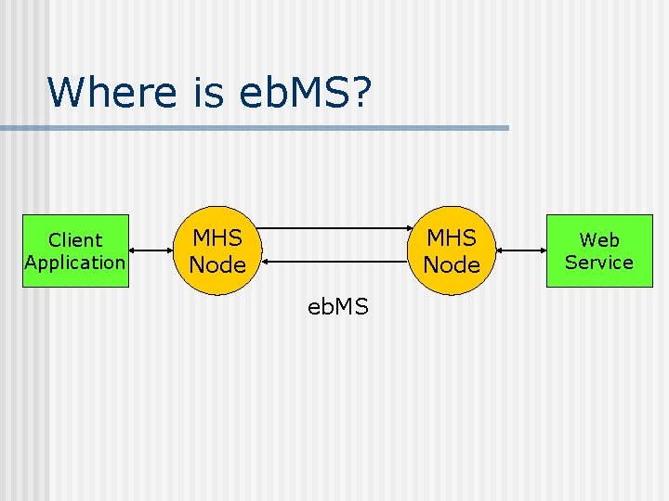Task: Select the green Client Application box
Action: coord(75,251)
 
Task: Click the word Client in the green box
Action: coord(75,240)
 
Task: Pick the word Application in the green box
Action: coord(75,263)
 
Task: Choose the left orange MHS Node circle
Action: coord(217,251)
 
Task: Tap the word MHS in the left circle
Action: coord(217,238)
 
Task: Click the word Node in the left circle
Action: coord(217,265)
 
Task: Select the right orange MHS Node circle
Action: coord(452,251)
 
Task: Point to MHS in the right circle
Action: coord(452,238)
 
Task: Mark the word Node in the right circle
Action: coord(452,265)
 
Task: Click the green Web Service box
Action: coord(599,251)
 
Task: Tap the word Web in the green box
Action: coord(599,240)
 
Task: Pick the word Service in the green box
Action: coord(599,263)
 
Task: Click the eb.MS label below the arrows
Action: coord(338,307)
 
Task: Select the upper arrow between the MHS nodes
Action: coord(334,228)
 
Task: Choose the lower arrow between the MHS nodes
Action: coord(334,275)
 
